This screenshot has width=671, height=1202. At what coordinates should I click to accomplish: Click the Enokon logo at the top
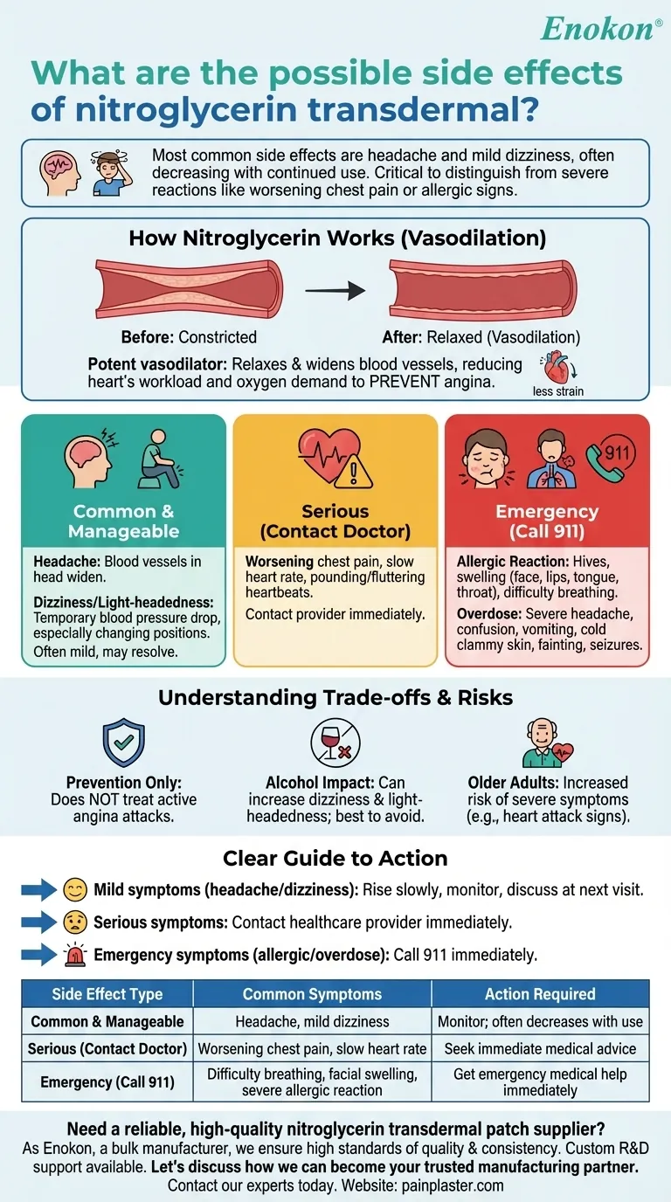597,28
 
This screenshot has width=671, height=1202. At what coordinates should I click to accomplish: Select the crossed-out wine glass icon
335,743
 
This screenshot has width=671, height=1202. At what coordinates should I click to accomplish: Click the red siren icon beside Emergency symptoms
76,955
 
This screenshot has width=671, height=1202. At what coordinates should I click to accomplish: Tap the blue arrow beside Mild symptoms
38,890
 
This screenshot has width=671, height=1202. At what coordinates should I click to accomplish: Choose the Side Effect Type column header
107,994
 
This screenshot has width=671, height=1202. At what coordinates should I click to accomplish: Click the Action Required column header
540,994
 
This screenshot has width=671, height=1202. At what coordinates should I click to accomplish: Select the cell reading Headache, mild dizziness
312,1021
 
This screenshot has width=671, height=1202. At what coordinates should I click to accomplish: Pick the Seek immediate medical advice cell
540,1048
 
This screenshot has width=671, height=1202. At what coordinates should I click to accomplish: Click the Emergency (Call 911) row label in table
107,1082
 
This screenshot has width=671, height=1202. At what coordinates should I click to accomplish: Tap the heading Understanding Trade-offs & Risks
335,697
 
